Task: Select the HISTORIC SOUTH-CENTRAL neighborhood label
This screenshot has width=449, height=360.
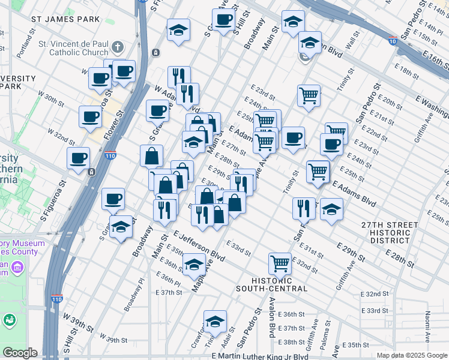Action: (x=280, y=284)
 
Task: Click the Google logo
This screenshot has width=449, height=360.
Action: (x=19, y=353)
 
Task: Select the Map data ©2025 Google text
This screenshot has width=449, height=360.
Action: (x=411, y=355)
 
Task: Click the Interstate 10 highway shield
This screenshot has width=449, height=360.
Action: (x=392, y=41)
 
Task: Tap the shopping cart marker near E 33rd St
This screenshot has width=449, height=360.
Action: (x=280, y=262)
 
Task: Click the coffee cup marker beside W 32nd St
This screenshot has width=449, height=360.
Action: (x=79, y=158)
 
